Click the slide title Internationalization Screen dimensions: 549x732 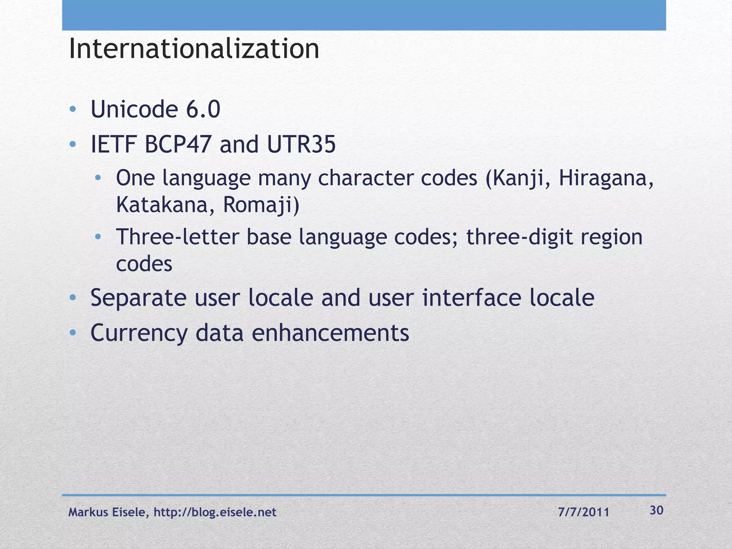(x=194, y=49)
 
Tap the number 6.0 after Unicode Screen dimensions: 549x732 (x=203, y=109)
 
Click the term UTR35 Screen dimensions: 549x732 (x=301, y=145)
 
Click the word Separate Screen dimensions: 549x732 (x=138, y=298)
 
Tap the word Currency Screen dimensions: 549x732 (x=139, y=333)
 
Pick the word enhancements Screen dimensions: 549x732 (x=330, y=333)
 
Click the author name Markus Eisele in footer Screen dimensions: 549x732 (x=107, y=512)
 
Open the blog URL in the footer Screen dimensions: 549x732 (x=215, y=512)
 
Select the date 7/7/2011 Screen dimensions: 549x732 (x=583, y=512)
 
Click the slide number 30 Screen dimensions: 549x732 (x=657, y=510)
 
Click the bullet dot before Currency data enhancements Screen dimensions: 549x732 (x=73, y=333)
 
